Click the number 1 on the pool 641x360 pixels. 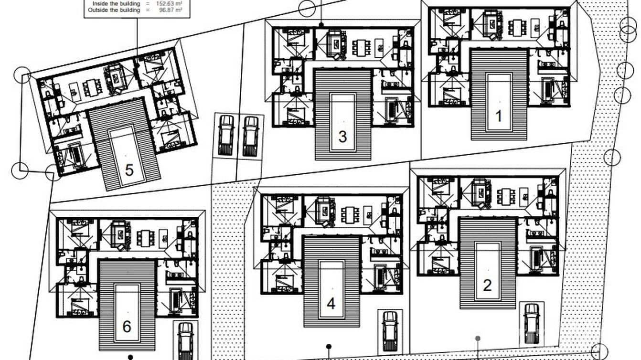click(x=499, y=116)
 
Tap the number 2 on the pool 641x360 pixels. click(x=487, y=285)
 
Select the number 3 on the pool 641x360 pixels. click(x=342, y=137)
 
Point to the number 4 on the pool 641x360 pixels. click(x=331, y=303)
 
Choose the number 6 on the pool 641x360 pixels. click(x=127, y=327)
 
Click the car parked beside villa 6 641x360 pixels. click(x=185, y=339)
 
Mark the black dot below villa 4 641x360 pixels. click(x=329, y=347)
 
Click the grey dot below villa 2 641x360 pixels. click(x=478, y=339)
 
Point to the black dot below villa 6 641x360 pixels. click(x=130, y=357)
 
